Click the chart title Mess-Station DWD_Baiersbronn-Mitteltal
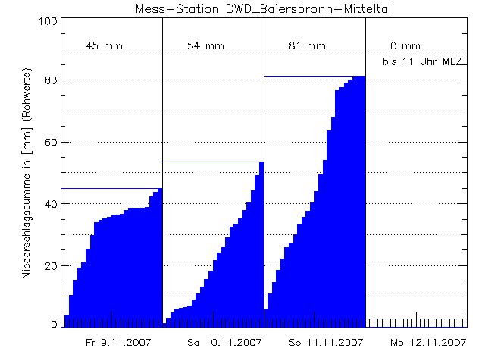[x=263, y=8]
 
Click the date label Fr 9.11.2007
[x=118, y=343]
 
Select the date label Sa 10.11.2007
[x=224, y=343]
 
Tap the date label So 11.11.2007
[x=327, y=343]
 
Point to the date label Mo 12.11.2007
[x=428, y=343]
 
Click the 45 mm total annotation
[x=104, y=46]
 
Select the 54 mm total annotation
[x=205, y=46]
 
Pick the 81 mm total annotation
[x=307, y=46]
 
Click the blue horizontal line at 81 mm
[x=303, y=76]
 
